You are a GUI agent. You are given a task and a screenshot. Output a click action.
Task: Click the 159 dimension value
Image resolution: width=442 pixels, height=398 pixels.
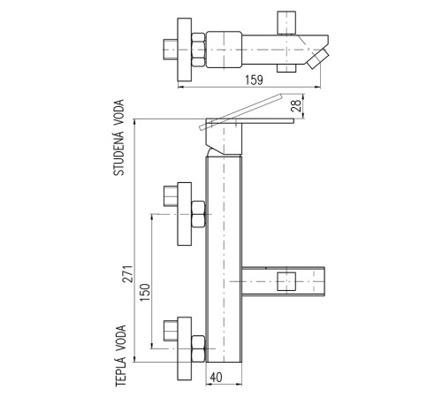coord(254,80)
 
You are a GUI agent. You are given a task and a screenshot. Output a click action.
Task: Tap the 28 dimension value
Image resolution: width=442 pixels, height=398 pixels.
coord(296,105)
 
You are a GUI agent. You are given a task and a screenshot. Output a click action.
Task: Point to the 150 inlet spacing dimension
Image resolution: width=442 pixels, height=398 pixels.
coord(145,292)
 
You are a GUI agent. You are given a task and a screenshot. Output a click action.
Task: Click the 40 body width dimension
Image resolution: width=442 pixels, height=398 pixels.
coord(217,378)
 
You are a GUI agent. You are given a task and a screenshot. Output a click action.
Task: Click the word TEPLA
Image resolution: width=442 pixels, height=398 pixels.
coord(120,371)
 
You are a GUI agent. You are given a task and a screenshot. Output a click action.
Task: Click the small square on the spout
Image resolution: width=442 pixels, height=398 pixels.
coord(286,281)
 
